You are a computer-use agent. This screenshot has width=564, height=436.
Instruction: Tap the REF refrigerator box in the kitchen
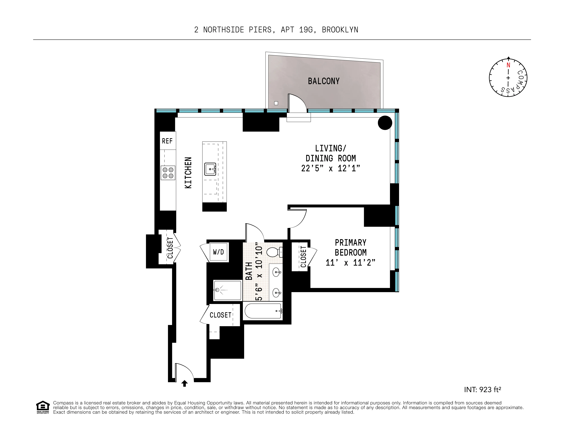click(x=167, y=141)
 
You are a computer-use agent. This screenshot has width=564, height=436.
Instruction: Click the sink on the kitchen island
click(x=210, y=169)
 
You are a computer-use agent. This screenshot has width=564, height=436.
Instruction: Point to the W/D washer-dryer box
click(x=218, y=252)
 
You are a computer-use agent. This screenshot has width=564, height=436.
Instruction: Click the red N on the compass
click(x=508, y=65)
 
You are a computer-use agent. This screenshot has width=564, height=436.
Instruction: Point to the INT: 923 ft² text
click(x=482, y=389)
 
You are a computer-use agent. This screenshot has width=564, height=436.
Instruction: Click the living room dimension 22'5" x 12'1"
click(x=330, y=168)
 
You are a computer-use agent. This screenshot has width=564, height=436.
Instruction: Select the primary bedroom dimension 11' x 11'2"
click(x=350, y=263)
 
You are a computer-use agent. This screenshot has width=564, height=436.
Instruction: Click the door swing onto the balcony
click(x=297, y=103)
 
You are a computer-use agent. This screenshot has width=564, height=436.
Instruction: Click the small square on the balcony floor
click(x=276, y=103)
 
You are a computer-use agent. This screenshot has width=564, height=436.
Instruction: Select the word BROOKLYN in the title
click(x=340, y=30)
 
